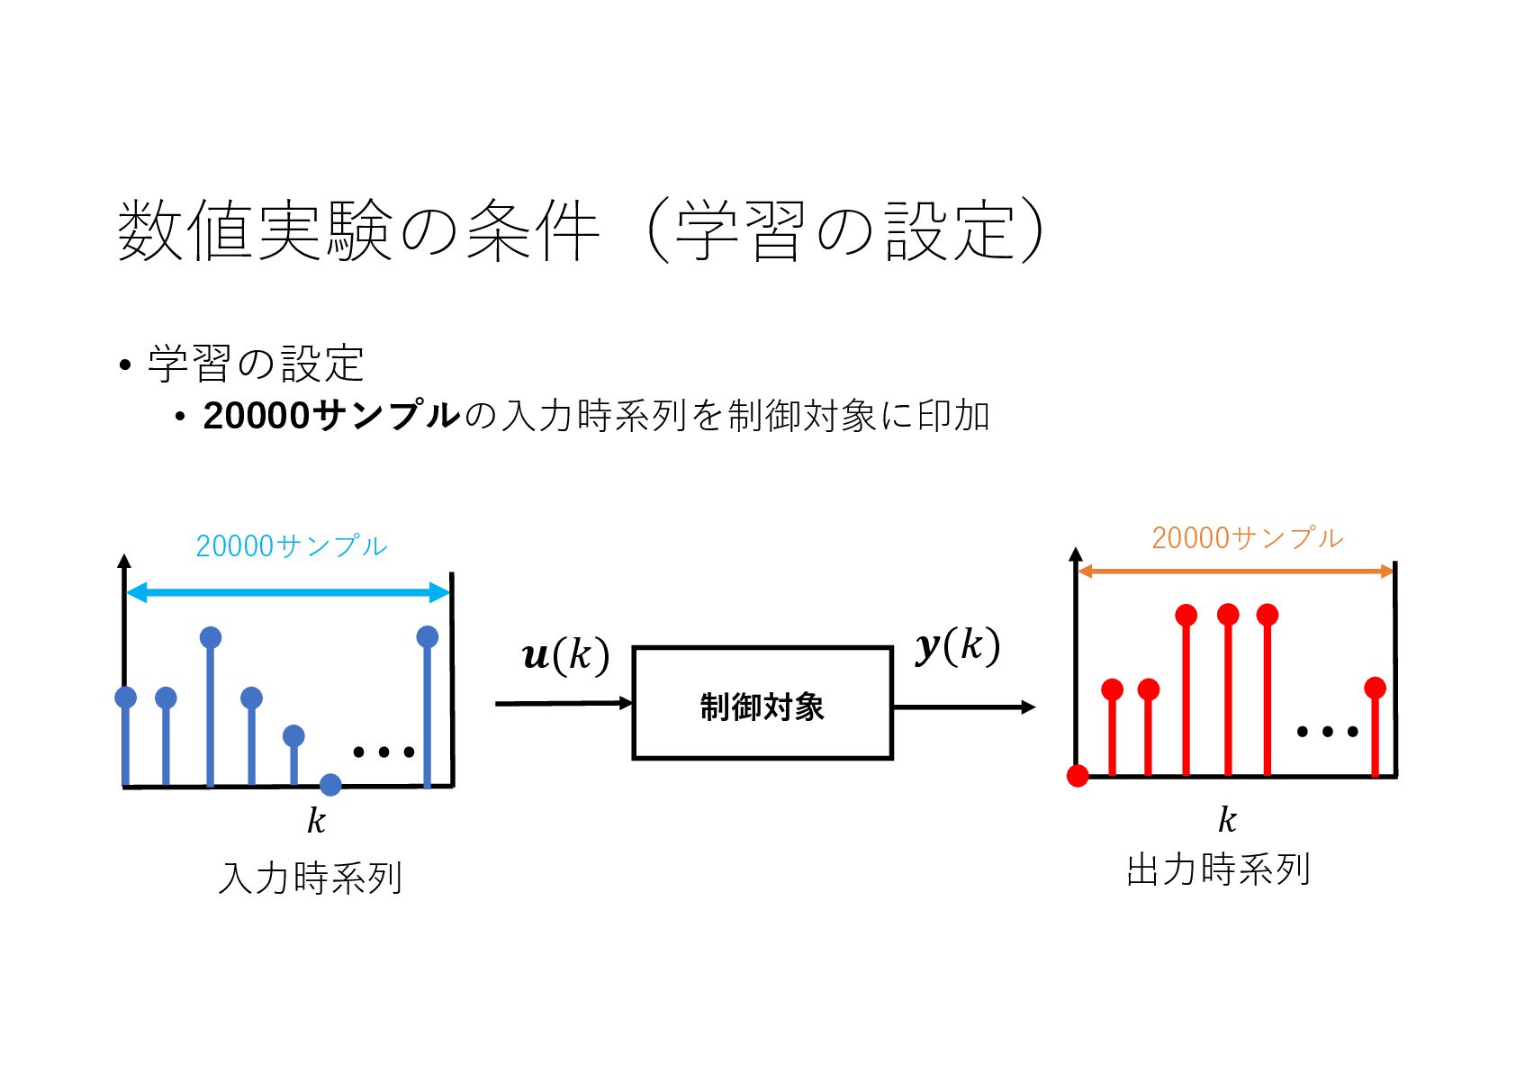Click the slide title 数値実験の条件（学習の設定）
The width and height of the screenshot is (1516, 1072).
[581, 231]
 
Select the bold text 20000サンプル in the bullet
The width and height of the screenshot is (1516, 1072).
[331, 416]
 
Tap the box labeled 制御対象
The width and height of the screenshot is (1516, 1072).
[762, 703]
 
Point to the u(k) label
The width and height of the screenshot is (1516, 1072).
[565, 654]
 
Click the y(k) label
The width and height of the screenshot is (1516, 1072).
[957, 645]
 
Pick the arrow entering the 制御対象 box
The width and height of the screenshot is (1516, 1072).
[564, 703]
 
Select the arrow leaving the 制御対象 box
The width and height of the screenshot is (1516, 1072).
[963, 707]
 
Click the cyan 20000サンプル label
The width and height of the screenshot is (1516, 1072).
[291, 546]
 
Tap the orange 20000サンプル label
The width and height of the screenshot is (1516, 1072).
[1247, 538]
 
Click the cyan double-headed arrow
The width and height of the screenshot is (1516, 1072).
[287, 592]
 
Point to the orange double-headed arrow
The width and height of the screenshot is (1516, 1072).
[1235, 571]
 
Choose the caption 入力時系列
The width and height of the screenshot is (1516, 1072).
[311, 878]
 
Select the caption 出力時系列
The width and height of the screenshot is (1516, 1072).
[1218, 870]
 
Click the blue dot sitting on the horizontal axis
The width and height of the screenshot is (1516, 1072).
[330, 785]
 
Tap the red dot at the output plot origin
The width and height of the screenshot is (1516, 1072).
[1078, 776]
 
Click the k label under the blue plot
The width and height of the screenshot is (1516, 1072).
[316, 821]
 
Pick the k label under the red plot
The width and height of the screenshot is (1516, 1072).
[1227, 820]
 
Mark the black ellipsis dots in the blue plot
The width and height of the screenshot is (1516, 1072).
[384, 752]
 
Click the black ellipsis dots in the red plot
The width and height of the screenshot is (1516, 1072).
[1327, 732]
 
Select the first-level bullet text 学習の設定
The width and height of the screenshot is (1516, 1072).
[256, 365]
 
